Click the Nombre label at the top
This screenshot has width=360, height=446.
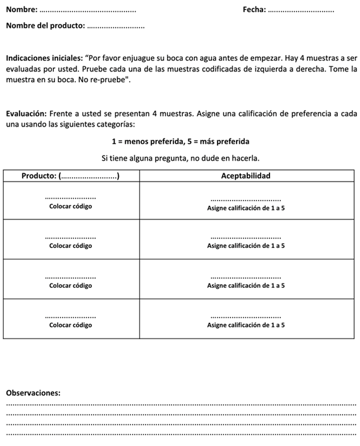pyautogui.click(x=21, y=9)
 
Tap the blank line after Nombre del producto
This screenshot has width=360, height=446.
pyautogui.click(x=115, y=27)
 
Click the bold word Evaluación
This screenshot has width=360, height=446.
pyautogui.click(x=25, y=114)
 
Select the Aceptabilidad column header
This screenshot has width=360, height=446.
pyautogui.click(x=246, y=175)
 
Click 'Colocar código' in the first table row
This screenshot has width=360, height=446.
pyautogui.click(x=71, y=206)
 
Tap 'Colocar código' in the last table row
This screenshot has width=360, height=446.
pyautogui.click(x=71, y=325)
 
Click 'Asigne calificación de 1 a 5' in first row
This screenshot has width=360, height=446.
pyautogui.click(x=246, y=207)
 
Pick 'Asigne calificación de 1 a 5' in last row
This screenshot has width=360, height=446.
pyautogui.click(x=246, y=325)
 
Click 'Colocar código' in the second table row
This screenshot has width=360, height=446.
pyautogui.click(x=71, y=245)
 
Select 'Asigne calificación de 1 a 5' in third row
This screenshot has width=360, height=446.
pyautogui.click(x=246, y=285)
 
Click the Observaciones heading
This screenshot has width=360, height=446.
pyautogui.click(x=33, y=392)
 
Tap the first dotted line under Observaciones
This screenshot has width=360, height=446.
pyautogui.click(x=180, y=405)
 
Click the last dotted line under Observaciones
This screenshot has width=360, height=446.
pyautogui.click(x=180, y=435)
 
